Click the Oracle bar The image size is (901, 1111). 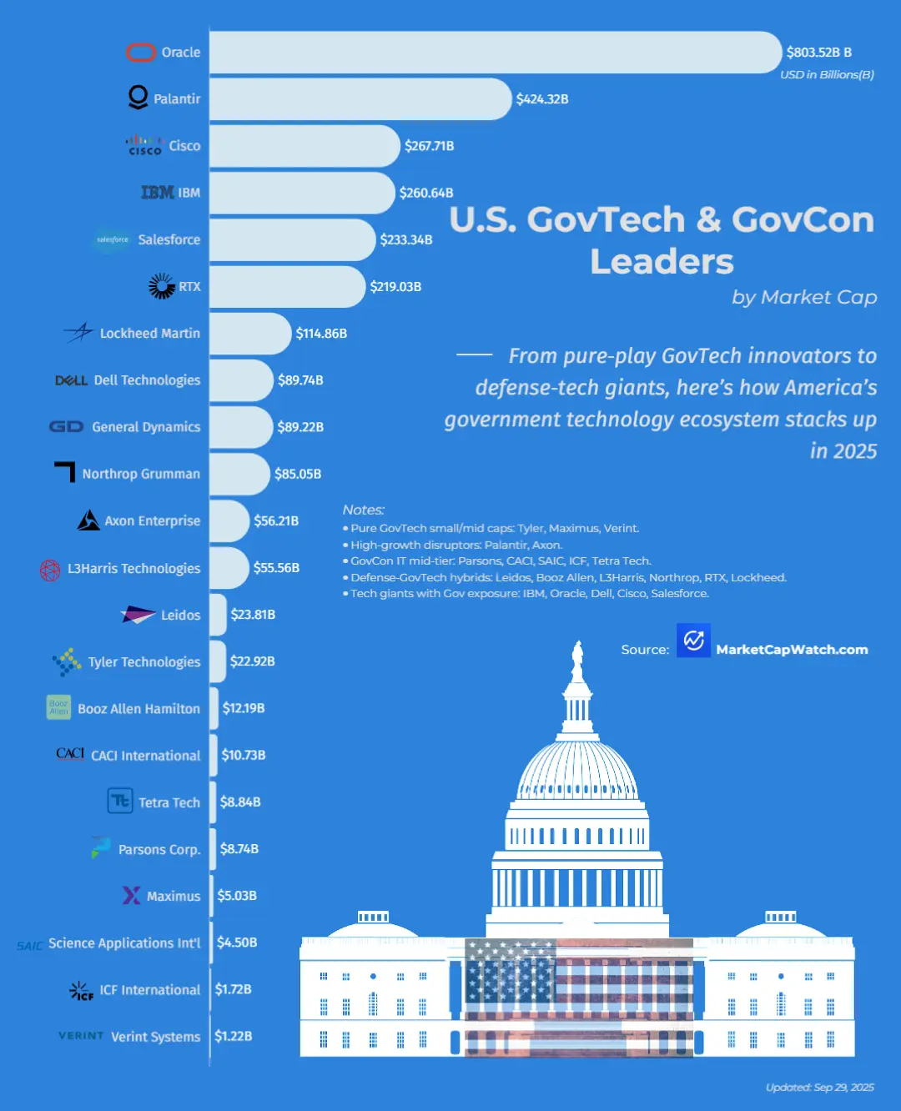point(496,53)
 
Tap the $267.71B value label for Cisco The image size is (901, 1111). point(429,146)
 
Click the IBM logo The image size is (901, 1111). point(158,193)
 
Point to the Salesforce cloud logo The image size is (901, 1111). point(112,239)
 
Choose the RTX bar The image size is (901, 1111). point(287,287)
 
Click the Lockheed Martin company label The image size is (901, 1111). point(150,334)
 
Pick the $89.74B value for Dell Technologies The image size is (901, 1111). point(300,380)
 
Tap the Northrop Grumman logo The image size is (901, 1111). point(65,472)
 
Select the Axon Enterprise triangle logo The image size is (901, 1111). point(88,520)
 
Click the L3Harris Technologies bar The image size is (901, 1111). point(229,568)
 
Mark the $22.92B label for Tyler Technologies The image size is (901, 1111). point(252,661)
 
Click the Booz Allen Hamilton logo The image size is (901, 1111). point(58,707)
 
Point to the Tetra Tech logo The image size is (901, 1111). point(120,802)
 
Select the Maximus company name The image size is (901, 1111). point(174,896)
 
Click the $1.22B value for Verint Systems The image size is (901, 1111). point(233,1036)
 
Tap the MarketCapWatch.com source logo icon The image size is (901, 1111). point(693,641)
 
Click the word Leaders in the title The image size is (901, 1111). point(662,262)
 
